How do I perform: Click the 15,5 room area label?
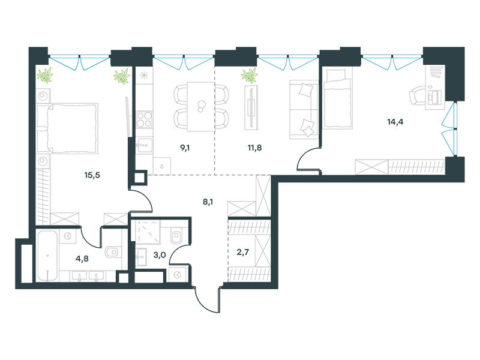pos(92,175)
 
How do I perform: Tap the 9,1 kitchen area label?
pos(185,148)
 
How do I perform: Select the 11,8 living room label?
pos(254,148)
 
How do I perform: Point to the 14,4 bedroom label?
pos(395,122)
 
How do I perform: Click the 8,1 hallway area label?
pos(208,202)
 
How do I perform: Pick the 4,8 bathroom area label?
pos(82,259)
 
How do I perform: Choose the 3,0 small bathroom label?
pos(160,254)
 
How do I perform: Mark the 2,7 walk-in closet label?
pos(243,252)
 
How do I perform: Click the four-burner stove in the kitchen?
pos(144,119)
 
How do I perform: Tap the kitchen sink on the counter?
pos(144,145)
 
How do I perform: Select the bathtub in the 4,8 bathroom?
pos(47,256)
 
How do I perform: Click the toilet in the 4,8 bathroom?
pos(112,252)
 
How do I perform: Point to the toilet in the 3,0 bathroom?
pos(176,236)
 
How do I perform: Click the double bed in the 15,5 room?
pos(67,128)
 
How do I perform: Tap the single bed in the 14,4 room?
pos(337,98)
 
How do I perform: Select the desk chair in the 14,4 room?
pos(417,95)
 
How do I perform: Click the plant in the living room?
pos(249,76)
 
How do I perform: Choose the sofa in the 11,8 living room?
pos(304,110)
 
